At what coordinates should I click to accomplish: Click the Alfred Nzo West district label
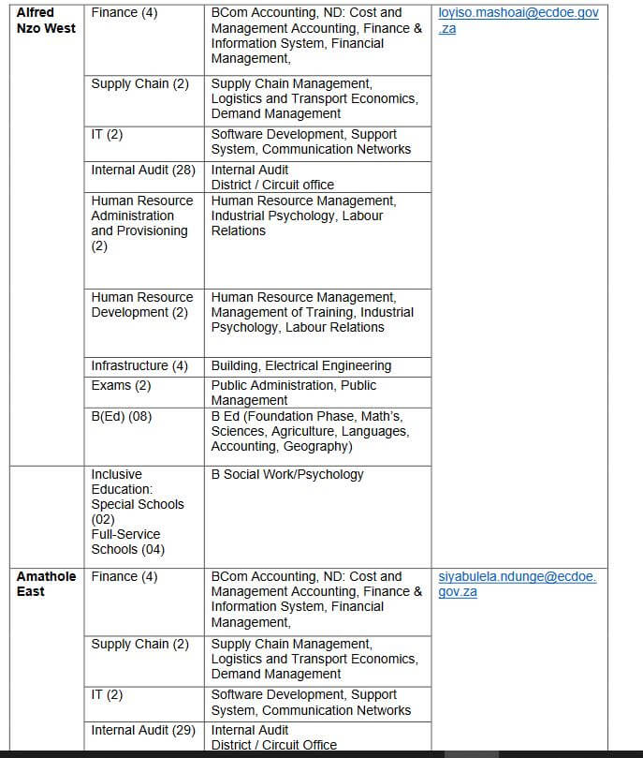pos(46,21)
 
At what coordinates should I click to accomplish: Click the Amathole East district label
pos(46,584)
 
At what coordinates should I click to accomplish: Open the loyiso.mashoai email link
pos(518,21)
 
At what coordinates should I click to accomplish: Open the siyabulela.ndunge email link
pos(517,584)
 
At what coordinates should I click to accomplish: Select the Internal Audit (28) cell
pos(143,171)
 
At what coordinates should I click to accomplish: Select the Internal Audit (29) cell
pos(143,731)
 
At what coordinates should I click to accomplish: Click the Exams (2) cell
pos(121,386)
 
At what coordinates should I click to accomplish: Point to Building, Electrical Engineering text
pos(301,366)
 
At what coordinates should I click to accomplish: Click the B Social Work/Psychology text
pos(287,475)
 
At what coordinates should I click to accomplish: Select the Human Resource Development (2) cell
pos(142,305)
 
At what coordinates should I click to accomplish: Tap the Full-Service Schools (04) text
pos(127,542)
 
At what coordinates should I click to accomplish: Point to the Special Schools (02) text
pos(138,512)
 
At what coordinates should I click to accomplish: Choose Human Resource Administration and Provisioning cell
pos(140,224)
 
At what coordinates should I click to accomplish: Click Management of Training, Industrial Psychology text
pos(312,313)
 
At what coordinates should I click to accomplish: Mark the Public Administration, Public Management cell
pos(293,393)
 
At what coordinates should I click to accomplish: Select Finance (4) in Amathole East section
pos(124,577)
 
